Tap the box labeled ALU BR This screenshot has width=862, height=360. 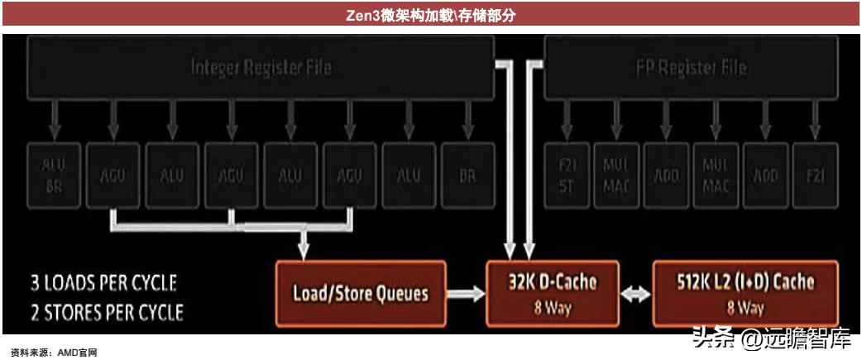pyautogui.click(x=54, y=172)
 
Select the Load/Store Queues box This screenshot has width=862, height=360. pyautogui.click(x=360, y=292)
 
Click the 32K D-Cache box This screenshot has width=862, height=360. pyautogui.click(x=553, y=292)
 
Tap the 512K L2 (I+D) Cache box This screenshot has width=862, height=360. pyautogui.click(x=745, y=292)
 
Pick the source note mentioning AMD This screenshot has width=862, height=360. pyautogui.click(x=54, y=353)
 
